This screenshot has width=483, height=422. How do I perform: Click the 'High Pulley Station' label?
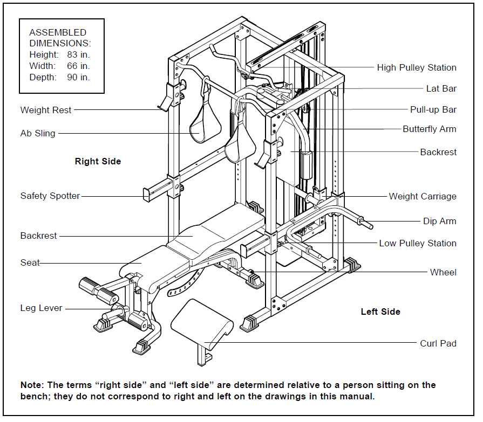tap(416, 67)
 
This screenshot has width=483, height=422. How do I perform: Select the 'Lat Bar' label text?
tap(441, 88)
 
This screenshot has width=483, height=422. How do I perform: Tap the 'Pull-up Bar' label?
tap(433, 109)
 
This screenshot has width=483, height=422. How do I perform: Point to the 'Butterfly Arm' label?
tap(429, 129)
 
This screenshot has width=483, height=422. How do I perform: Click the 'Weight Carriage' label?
tap(422, 196)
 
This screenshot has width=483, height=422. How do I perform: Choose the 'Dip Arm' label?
tap(439, 221)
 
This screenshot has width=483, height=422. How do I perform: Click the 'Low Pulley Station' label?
tap(417, 243)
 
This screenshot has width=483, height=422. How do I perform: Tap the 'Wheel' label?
tap(443, 272)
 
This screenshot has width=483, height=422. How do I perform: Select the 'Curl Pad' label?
tap(438, 343)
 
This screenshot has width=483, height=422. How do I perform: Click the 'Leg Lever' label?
tap(42, 308)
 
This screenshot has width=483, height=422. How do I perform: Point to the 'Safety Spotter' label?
tap(50, 196)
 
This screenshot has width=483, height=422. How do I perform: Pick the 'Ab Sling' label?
tap(38, 133)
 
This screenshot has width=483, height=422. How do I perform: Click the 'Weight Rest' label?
tap(46, 110)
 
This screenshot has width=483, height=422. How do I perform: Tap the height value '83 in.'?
tap(76, 54)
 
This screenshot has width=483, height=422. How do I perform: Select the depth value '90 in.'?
tap(76, 77)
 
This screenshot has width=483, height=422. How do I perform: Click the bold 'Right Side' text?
tap(98, 161)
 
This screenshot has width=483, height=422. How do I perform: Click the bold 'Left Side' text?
tap(380, 312)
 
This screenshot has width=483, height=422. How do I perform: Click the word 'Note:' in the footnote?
tap(32, 385)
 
